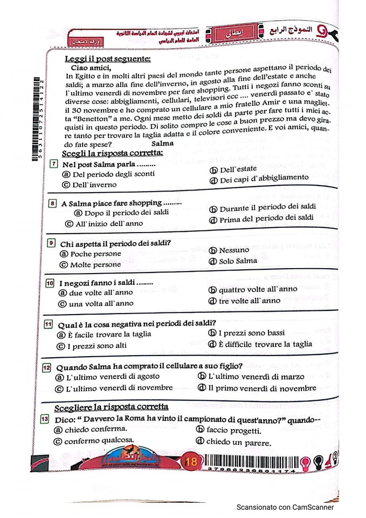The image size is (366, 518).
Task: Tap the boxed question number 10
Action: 50,283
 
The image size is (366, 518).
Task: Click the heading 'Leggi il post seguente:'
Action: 107,58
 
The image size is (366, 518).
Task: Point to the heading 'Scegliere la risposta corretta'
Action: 111,407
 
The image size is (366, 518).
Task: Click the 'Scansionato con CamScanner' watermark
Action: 285,507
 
